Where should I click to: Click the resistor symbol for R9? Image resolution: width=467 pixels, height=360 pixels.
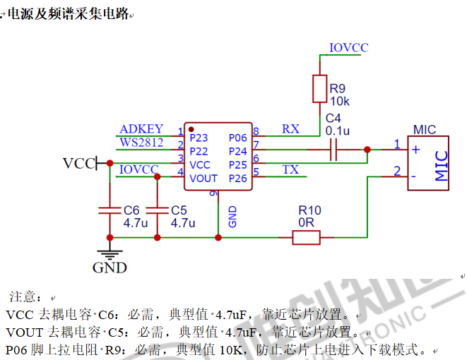tap(319, 90)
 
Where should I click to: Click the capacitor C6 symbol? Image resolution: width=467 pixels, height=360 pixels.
tap(109, 210)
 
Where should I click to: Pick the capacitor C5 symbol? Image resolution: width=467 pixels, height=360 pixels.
tap(157, 210)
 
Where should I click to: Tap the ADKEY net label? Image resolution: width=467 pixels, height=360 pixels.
tap(141, 129)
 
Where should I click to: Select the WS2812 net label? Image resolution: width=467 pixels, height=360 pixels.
tap(141, 143)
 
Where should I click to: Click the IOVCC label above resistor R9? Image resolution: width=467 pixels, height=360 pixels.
tap(349, 48)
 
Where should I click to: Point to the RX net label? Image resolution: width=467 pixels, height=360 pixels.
tap(290, 129)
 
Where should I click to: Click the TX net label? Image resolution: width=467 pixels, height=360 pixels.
tap(290, 169)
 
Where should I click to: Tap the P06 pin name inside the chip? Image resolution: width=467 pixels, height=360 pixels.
tap(238, 138)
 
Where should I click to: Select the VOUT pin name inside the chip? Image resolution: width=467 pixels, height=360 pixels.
tap(203, 179)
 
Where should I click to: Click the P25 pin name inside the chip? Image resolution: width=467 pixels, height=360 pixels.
tap(238, 165)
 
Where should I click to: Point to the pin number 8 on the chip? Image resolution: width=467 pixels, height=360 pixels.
tap(256, 131)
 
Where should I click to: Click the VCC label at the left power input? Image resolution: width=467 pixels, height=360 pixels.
tap(78, 164)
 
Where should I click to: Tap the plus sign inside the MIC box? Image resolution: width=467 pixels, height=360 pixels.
tap(416, 150)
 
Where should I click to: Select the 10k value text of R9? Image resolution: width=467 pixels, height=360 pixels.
tap(339, 101)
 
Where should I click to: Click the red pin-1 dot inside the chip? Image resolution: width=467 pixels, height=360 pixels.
tap(191, 129)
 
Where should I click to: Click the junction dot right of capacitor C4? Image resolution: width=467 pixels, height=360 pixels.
tap(367, 150)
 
